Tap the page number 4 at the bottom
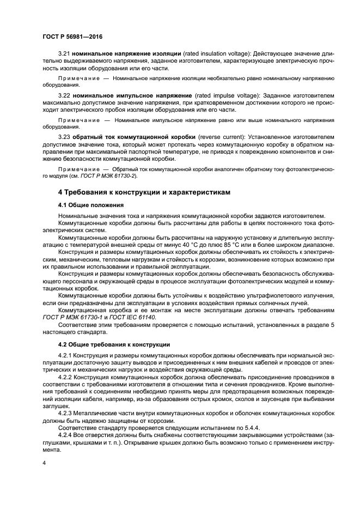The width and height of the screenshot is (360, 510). [44, 463]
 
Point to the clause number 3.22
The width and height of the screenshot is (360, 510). [64, 95]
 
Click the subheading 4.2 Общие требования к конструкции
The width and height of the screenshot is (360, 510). [114, 344]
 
